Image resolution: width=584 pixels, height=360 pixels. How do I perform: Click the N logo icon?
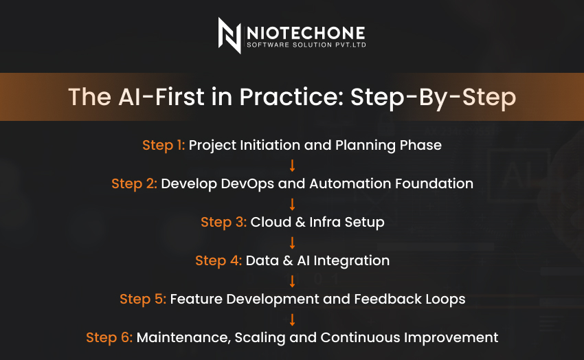(229, 35)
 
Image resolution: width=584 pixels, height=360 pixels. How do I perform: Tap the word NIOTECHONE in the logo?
(306, 33)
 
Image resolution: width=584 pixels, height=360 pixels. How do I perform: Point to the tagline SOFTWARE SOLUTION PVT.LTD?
(306, 45)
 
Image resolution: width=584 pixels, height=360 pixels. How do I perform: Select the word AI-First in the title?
(161, 97)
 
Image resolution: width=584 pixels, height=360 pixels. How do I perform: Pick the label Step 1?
(164, 145)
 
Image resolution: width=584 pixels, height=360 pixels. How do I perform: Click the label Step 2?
(134, 183)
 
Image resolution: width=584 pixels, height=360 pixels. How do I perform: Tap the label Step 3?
(223, 223)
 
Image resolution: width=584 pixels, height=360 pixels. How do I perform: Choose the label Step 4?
(218, 260)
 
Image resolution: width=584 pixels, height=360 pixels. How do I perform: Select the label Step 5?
(143, 299)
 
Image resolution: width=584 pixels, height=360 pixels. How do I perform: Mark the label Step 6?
(109, 337)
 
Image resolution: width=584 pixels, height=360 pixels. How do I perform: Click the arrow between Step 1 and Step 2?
(293, 166)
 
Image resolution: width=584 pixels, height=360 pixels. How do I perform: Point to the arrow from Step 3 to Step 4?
(293, 243)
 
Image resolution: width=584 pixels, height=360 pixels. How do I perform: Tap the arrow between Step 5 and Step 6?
(293, 319)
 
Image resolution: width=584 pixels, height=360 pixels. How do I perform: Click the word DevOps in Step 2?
(247, 184)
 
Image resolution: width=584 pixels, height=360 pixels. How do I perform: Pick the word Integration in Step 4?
(351, 261)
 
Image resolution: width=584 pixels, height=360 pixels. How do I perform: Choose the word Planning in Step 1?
(366, 146)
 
